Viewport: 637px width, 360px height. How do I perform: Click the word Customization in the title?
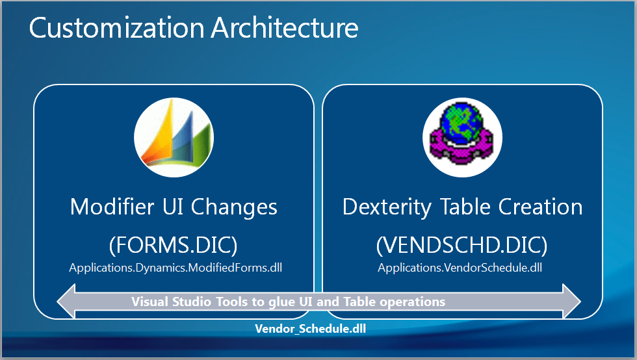point(116,28)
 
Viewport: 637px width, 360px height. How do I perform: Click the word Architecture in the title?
point(285,28)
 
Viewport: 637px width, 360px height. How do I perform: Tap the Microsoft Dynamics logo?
point(174,137)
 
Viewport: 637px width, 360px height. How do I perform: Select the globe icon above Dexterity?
point(462,137)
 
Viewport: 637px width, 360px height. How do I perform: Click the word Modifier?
point(112,207)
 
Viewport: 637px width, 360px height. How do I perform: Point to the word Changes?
point(234,207)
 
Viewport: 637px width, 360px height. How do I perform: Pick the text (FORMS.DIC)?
point(173,245)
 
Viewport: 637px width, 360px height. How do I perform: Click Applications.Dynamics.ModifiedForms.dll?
point(175,268)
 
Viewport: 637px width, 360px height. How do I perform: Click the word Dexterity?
point(387,207)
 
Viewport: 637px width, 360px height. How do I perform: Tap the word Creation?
point(540,207)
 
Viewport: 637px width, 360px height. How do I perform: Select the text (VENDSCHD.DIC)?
point(461,245)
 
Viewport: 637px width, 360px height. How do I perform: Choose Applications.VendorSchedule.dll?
point(460,268)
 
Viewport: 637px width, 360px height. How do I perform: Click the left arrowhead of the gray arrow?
point(66,301)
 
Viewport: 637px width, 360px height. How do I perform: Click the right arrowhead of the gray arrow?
point(572,301)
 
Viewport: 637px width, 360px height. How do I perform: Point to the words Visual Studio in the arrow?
point(171,302)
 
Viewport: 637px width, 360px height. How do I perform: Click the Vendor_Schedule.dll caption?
point(311,329)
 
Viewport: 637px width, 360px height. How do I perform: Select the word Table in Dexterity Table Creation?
point(465,207)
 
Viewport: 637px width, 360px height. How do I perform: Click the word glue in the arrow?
point(282,302)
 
